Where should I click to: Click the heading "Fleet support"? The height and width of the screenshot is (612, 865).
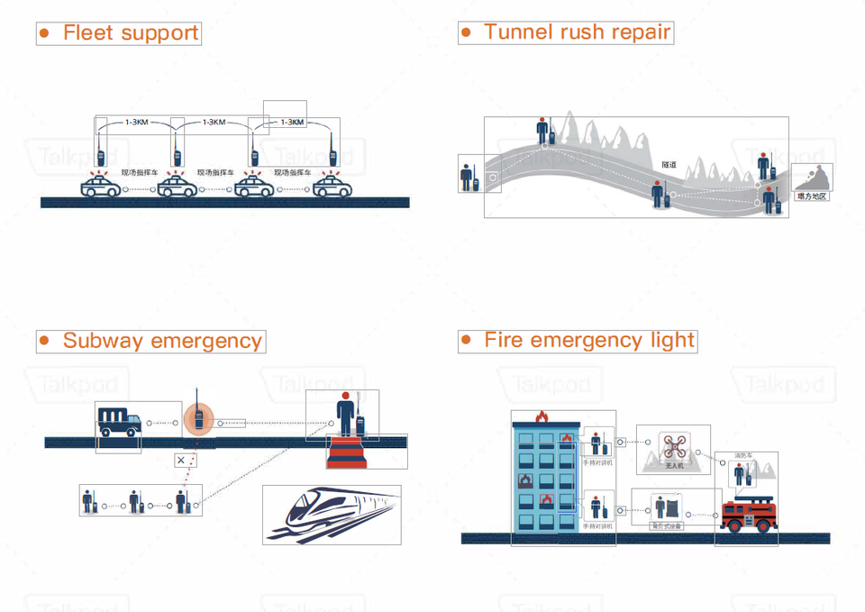(x=130, y=33)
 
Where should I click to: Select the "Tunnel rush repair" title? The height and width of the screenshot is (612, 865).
(x=577, y=32)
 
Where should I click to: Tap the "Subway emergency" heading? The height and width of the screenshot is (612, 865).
(x=162, y=341)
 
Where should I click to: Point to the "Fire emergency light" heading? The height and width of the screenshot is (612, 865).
(x=589, y=340)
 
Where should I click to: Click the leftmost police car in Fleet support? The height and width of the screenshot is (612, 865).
(x=100, y=187)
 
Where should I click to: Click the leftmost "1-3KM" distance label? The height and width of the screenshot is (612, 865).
(x=137, y=122)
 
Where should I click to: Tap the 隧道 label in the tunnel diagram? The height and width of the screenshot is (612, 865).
(x=669, y=165)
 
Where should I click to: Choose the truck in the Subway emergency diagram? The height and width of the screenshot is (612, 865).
(x=118, y=421)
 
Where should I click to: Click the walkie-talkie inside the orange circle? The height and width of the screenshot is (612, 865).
(x=197, y=418)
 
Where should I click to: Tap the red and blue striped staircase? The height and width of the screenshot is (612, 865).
(x=347, y=452)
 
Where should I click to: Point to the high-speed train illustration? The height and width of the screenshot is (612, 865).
(x=332, y=515)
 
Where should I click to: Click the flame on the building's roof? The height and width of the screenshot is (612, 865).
(x=542, y=416)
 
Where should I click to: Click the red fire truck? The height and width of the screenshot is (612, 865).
(x=748, y=515)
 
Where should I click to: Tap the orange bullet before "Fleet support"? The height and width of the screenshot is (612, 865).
(x=44, y=33)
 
